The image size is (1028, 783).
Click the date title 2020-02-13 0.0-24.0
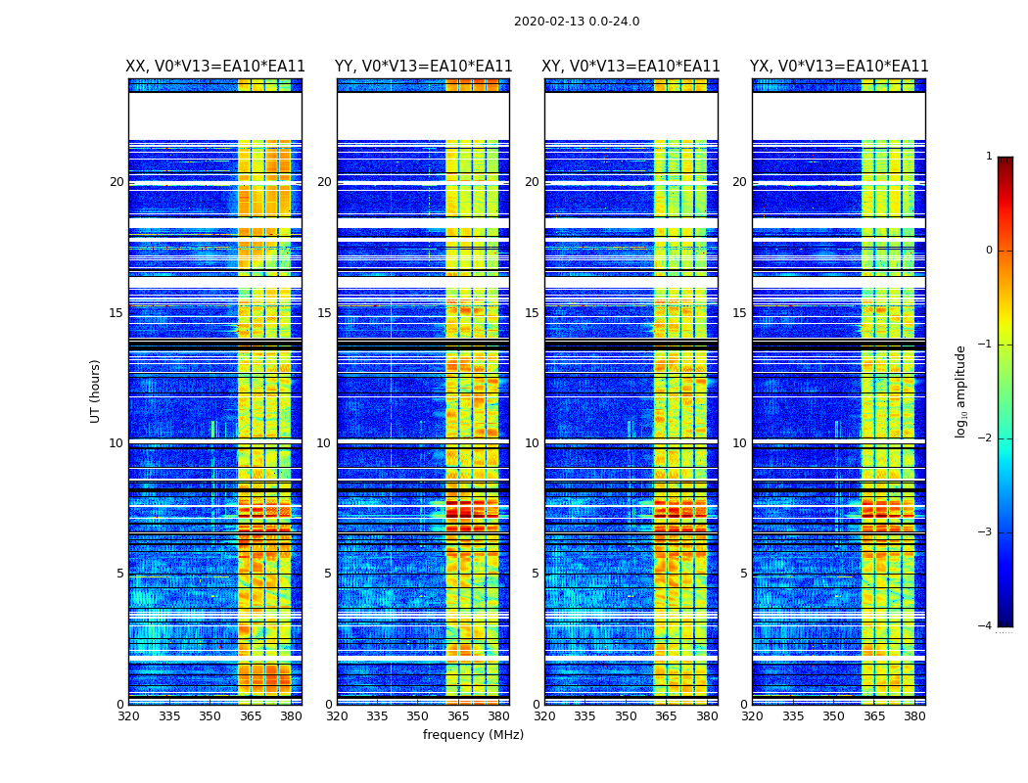[577, 22]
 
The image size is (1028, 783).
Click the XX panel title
[215, 67]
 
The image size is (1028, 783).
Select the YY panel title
[423, 67]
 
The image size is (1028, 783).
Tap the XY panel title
[631, 67]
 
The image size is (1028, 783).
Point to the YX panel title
[839, 67]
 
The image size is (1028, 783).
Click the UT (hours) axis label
[96, 391]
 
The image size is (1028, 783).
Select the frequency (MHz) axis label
[473, 735]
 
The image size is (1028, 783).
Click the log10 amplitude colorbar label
[961, 391]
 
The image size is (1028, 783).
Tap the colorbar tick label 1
[989, 157]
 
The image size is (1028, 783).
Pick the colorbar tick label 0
[989, 251]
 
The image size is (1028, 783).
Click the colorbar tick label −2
[986, 438]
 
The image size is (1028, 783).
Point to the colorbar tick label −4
[986, 626]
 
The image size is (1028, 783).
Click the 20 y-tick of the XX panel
[117, 182]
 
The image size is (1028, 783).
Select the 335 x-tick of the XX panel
[169, 716]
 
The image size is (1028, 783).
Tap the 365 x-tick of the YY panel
[458, 716]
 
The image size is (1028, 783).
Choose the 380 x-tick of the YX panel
[914, 716]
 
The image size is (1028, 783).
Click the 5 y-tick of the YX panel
[744, 574]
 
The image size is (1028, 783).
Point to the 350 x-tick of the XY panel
[626, 716]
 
